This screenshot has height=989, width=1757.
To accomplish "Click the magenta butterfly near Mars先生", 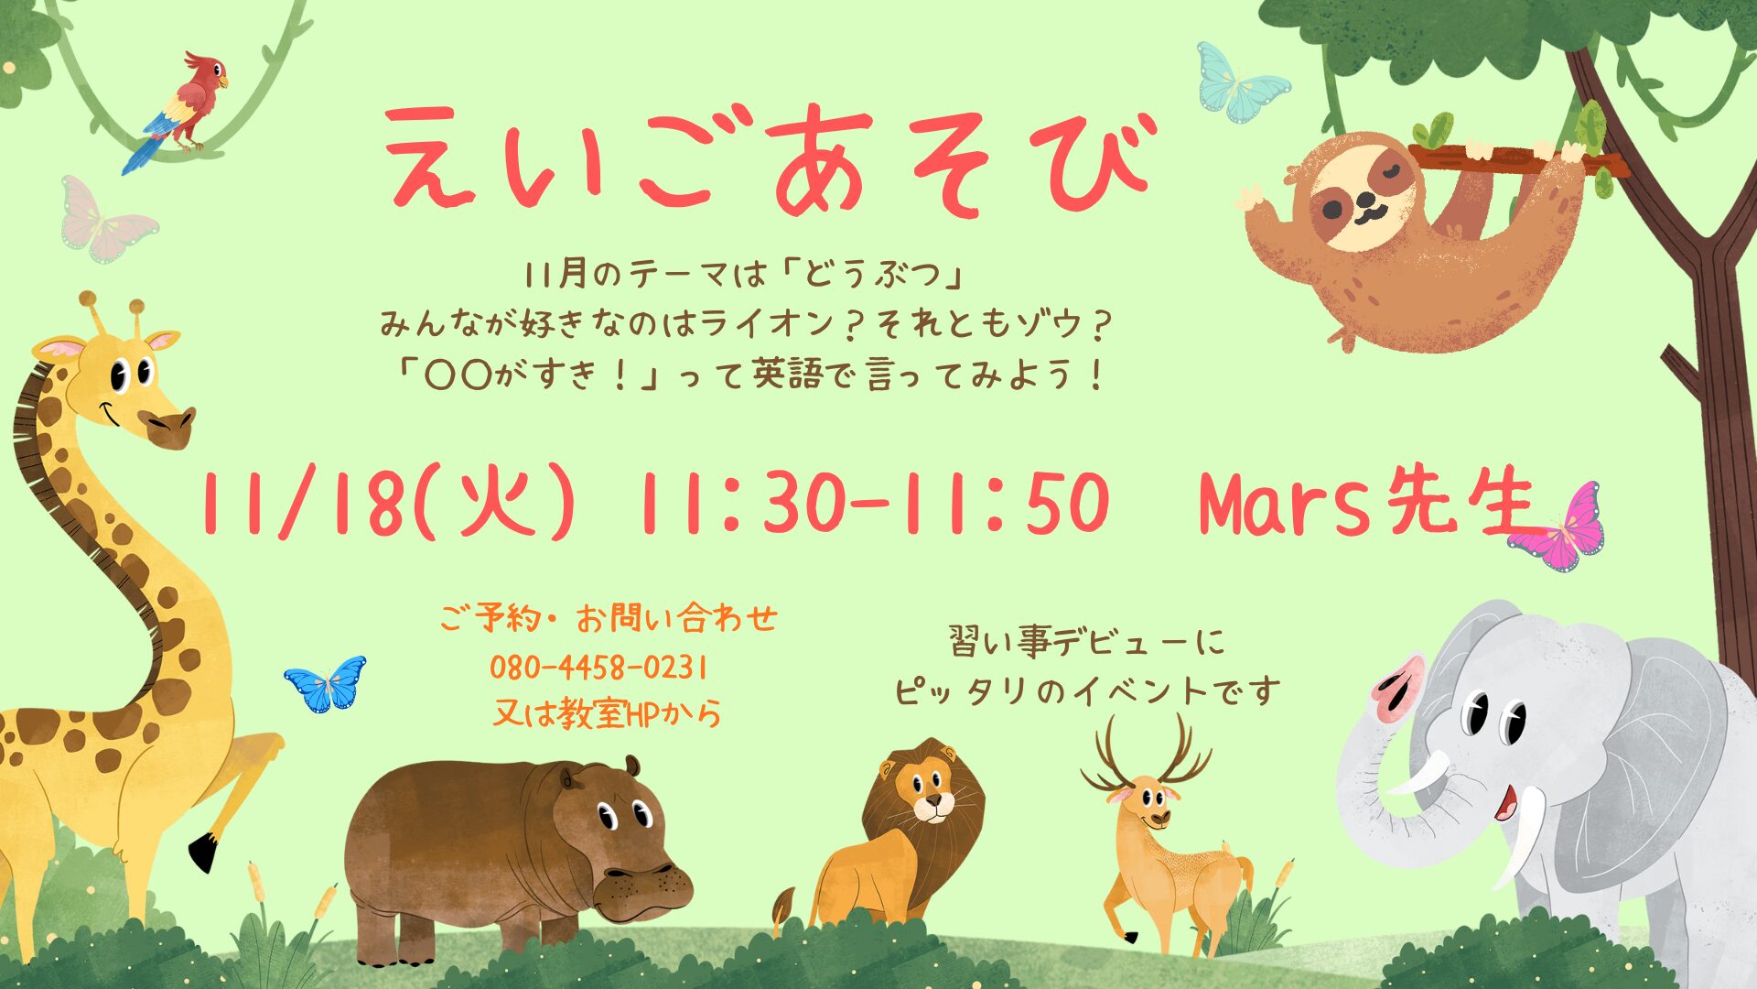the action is (x=1558, y=528).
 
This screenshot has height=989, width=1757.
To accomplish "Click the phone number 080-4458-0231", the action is (x=599, y=668).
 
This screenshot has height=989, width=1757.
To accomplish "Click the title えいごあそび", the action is (x=770, y=158).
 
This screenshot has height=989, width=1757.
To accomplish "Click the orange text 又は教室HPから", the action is (x=606, y=713).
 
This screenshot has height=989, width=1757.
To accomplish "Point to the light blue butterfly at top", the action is (x=1242, y=82).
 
